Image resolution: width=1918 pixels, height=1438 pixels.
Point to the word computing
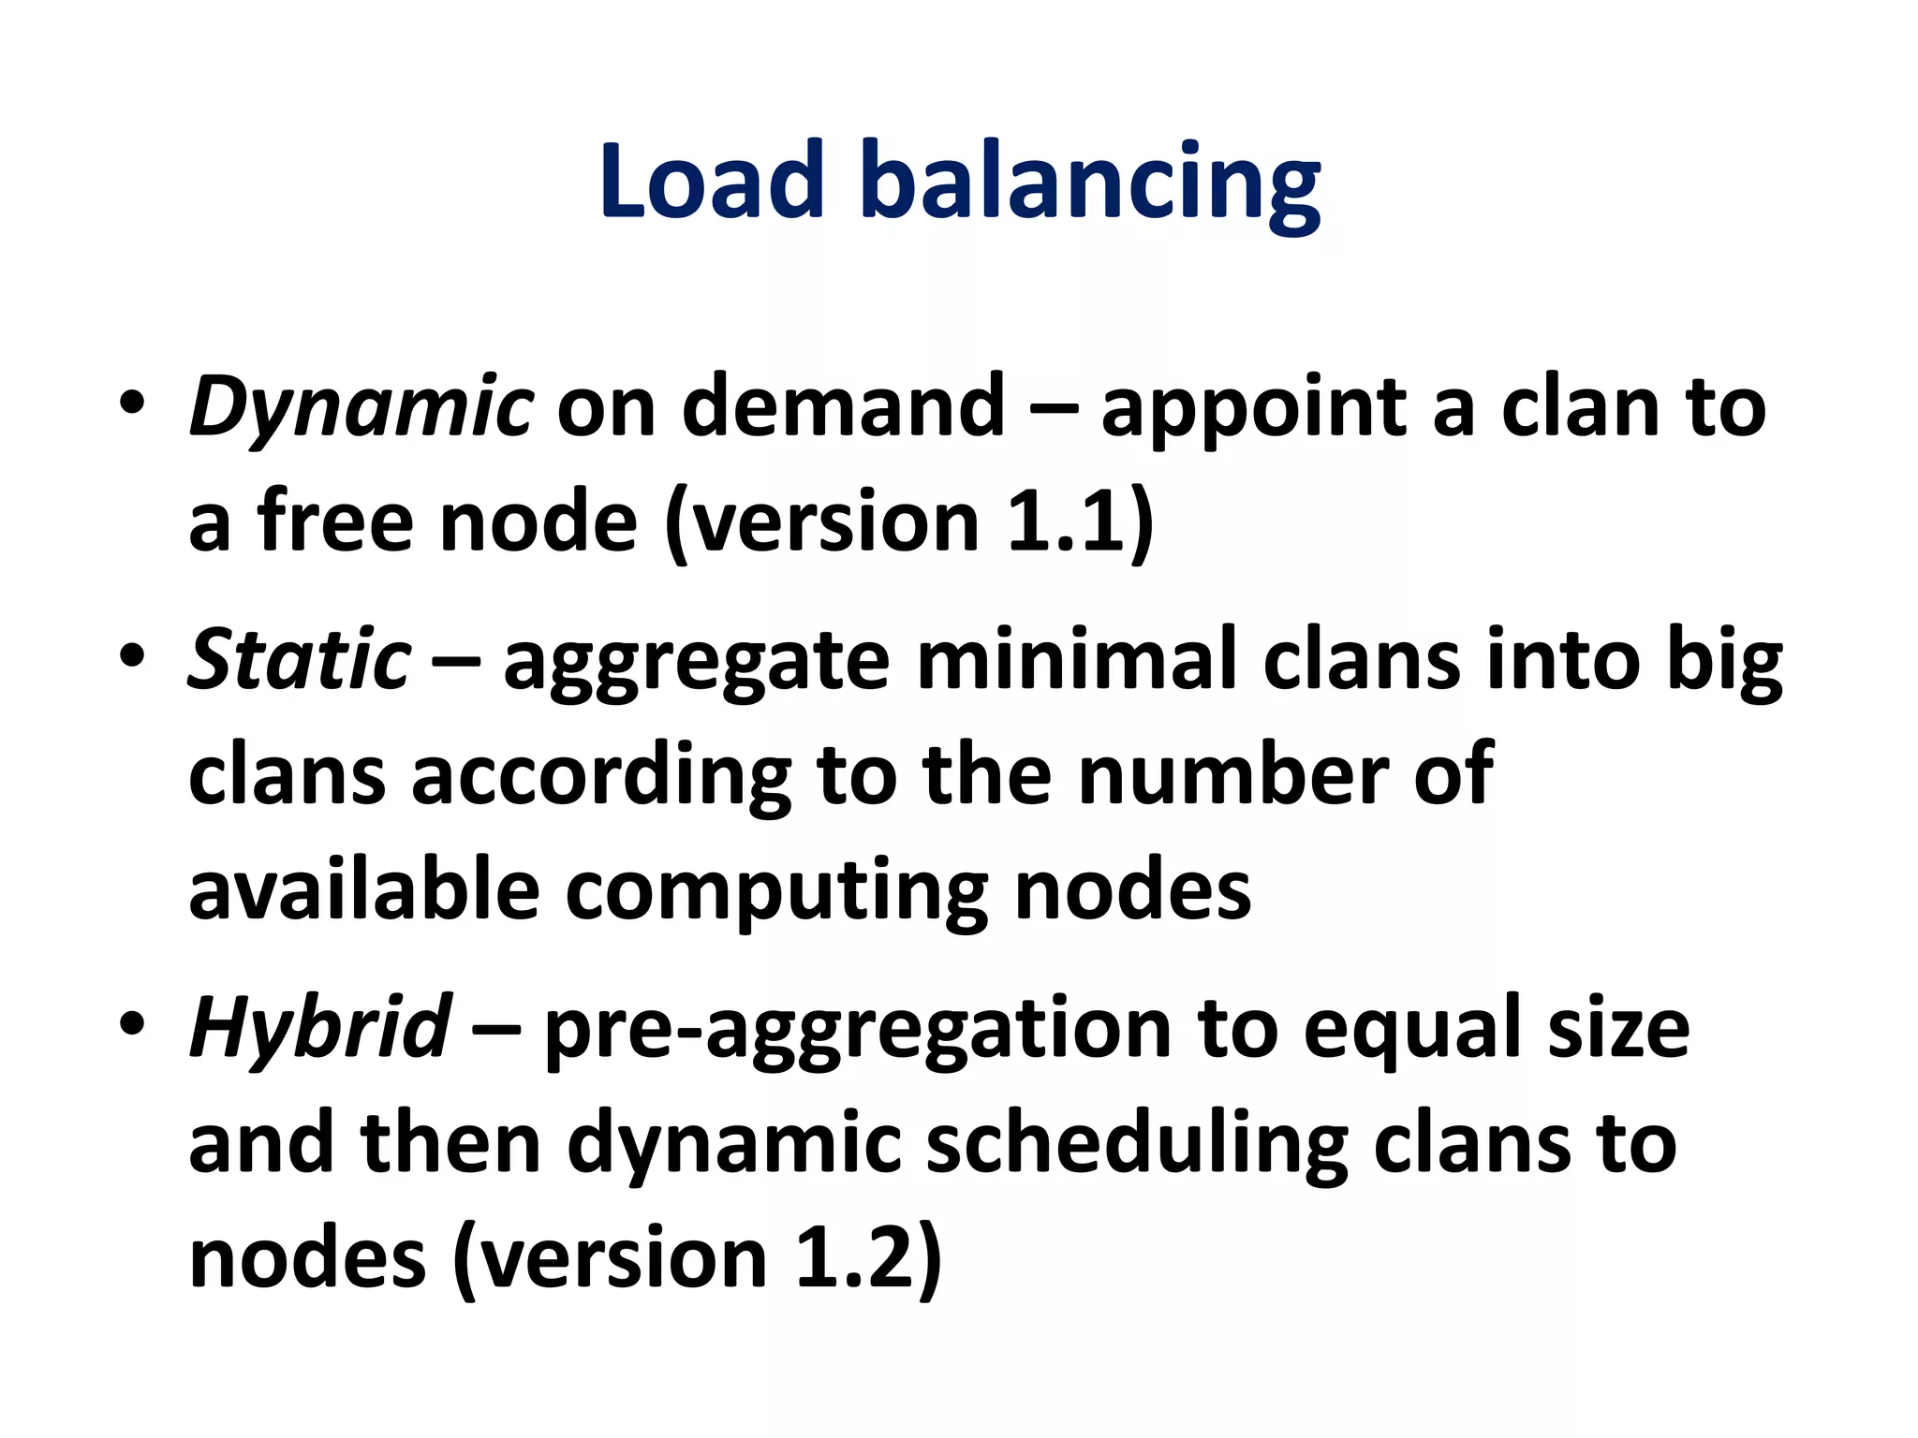coord(776,892)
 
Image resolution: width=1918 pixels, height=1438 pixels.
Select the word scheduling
coord(1136,1144)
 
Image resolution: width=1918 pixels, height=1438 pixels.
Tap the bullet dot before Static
coord(132,654)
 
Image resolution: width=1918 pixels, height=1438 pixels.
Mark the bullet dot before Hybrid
coord(132,1022)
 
